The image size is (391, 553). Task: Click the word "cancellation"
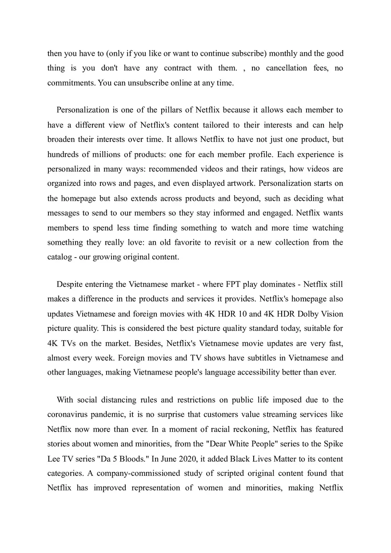pos(287,68)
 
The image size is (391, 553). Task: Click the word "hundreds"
pos(63,154)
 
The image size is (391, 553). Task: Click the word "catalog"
pos(60,257)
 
